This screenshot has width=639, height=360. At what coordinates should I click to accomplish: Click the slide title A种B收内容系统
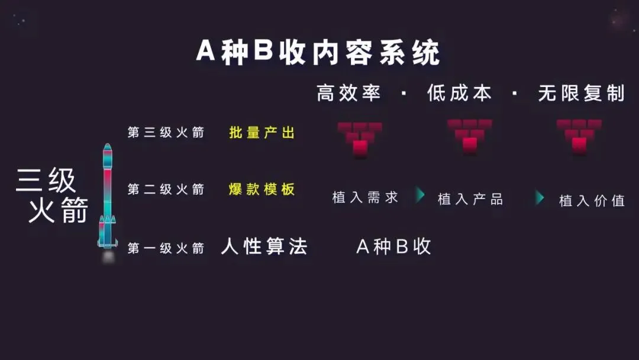click(x=318, y=53)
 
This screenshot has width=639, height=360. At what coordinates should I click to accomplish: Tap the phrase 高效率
click(x=348, y=94)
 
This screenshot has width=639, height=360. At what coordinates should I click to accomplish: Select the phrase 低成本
click(x=459, y=94)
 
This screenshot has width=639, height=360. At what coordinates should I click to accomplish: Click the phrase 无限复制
click(x=581, y=94)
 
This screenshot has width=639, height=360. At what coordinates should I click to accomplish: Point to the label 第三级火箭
click(x=166, y=133)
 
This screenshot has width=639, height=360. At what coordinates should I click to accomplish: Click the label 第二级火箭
click(x=166, y=189)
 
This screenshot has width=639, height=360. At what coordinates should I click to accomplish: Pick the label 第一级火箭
click(x=166, y=248)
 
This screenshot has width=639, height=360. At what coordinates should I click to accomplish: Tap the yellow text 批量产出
click(x=262, y=133)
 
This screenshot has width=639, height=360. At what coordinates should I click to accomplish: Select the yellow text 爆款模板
click(x=262, y=189)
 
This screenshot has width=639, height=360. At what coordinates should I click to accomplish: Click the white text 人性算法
click(x=264, y=246)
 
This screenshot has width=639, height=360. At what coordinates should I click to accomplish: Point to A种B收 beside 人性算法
click(x=393, y=246)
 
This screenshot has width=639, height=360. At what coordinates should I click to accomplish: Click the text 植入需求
click(x=365, y=198)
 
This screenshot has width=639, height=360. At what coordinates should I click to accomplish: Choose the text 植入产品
click(x=470, y=199)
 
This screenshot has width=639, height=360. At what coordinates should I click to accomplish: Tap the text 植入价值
click(x=592, y=201)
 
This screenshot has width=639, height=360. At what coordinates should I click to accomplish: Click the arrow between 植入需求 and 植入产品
click(x=420, y=195)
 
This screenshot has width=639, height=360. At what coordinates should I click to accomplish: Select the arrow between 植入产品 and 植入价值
click(x=540, y=198)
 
